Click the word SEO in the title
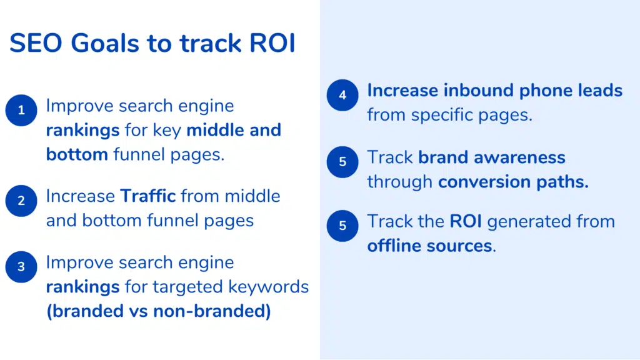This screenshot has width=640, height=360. coord(36,43)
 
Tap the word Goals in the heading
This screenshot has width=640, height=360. coord(105,43)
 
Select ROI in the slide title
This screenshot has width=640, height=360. coord(272,43)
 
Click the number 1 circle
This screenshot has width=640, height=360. coord(21,110)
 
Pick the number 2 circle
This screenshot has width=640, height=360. coord(21,201)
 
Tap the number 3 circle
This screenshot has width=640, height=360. coord(21,267)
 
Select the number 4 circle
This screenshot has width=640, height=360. coord(342,95)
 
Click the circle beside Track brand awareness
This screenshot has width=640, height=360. coord(342,162)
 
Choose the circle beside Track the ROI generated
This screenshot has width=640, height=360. coord(342,226)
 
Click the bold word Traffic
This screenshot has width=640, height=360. coord(147,196)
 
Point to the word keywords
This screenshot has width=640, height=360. coord(269,286)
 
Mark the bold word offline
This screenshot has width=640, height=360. coord(394,246)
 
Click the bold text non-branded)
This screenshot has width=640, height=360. coord(212,311)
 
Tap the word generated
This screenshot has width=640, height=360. coord(529,222)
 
